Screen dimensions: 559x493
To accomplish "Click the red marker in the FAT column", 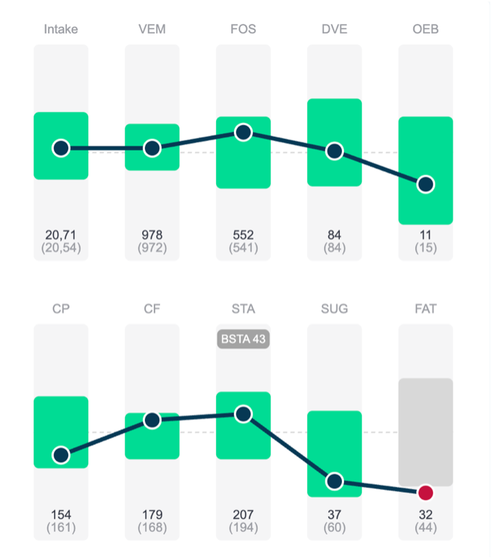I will pyautogui.click(x=425, y=493).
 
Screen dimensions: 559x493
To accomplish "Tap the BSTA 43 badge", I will pyautogui.click(x=243, y=339).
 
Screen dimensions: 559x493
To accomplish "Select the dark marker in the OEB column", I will pyautogui.click(x=425, y=184).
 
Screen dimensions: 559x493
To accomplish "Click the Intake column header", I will pyautogui.click(x=61, y=29).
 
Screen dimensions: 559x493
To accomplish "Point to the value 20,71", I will pyautogui.click(x=61, y=235).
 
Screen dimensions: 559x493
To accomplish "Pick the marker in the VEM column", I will pyautogui.click(x=152, y=148).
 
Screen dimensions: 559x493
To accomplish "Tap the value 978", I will pyautogui.click(x=152, y=235).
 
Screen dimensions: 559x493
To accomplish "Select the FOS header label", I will pyautogui.click(x=243, y=29).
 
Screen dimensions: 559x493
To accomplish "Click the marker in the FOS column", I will pyautogui.click(x=243, y=133).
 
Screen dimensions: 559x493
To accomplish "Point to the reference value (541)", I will pyautogui.click(x=243, y=247).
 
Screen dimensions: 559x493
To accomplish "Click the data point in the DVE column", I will pyautogui.click(x=334, y=151).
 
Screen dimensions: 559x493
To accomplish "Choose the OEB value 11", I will pyautogui.click(x=425, y=235).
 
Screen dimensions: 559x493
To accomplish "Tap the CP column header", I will pyautogui.click(x=61, y=309).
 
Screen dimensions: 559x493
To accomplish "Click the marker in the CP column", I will pyautogui.click(x=61, y=455).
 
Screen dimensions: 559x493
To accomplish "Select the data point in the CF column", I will pyautogui.click(x=152, y=420).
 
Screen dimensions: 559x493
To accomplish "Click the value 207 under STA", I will pyautogui.click(x=243, y=515).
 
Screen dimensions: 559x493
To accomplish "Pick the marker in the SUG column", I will pyautogui.click(x=334, y=481).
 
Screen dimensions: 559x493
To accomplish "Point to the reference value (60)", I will pyautogui.click(x=334, y=527).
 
